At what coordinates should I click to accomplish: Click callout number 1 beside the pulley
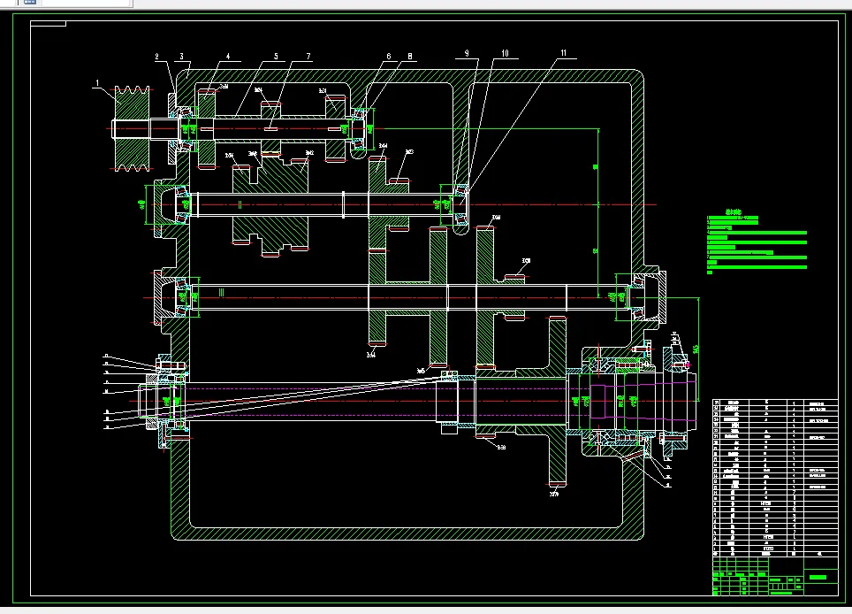tap(99, 85)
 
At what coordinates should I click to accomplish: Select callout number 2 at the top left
tap(157, 58)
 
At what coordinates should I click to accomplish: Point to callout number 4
tap(227, 57)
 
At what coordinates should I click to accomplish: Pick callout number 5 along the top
tap(276, 57)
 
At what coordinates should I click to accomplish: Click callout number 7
tap(308, 57)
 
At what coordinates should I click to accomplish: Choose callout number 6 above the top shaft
tap(387, 57)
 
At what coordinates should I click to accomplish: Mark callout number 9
tap(468, 54)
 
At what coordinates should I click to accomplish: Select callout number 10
tap(506, 54)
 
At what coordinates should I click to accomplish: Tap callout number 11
tap(562, 54)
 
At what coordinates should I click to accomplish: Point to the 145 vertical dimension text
tap(696, 349)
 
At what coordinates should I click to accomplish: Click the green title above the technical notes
tap(731, 212)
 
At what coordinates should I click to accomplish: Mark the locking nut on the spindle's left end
tap(151, 402)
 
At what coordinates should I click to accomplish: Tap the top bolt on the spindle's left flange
tap(168, 363)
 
